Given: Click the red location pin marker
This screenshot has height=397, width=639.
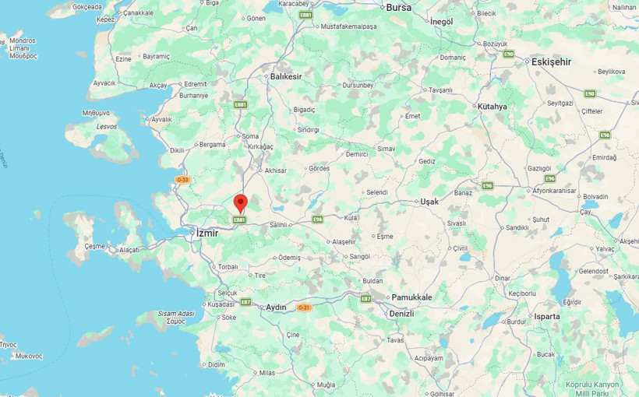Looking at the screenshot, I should click(241, 203).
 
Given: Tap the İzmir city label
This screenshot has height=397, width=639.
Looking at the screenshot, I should click(207, 233).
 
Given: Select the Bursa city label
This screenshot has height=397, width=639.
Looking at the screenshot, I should click(398, 7).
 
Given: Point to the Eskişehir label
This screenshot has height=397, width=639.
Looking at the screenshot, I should click(551, 61).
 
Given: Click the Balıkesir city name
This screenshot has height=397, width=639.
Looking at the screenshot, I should click(285, 76).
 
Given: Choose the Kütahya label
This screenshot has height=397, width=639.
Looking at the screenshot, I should click(492, 107).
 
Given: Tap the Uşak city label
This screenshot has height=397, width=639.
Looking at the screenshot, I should click(429, 201).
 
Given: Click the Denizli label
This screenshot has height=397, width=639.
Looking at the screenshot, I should click(401, 313).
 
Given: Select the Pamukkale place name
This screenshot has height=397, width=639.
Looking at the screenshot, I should click(411, 297).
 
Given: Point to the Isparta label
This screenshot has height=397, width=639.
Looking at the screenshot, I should click(546, 317).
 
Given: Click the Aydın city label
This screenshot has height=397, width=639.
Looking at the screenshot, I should click(277, 307).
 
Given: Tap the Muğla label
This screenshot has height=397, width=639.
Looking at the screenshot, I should click(326, 385).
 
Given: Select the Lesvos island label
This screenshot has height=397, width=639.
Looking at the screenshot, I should click(106, 126).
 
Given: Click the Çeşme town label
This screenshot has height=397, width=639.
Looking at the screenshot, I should click(94, 246).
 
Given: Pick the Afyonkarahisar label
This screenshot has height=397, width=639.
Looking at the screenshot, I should click(554, 191).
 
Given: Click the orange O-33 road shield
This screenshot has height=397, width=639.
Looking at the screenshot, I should click(183, 180).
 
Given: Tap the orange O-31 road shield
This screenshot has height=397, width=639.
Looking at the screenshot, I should click(304, 307).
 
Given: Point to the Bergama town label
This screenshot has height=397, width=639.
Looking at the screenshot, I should click(212, 144).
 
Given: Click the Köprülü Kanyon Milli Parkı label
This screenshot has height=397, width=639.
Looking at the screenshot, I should click(592, 388).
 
